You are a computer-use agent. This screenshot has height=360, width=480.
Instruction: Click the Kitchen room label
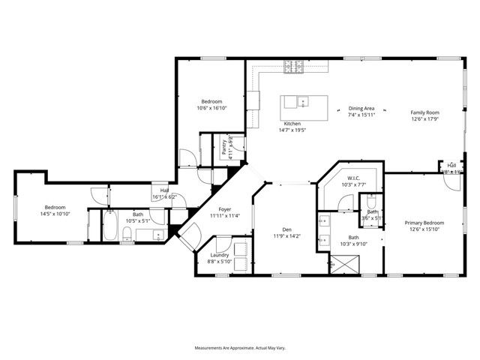pyautogui.click(x=292, y=123)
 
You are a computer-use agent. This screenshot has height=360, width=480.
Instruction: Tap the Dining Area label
pyautogui.click(x=361, y=109)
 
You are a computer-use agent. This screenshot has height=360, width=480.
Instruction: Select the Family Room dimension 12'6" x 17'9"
pyautogui.click(x=424, y=118)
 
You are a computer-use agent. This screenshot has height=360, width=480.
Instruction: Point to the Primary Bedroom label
pyautogui.click(x=424, y=223)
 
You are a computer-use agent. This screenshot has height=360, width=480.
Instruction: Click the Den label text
pyautogui.click(x=286, y=229)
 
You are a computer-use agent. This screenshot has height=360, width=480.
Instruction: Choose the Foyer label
pyautogui.click(x=224, y=209)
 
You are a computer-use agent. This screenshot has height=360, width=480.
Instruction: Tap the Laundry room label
pyautogui.click(x=218, y=254)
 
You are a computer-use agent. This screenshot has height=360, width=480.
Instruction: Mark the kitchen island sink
pyautogui.click(x=301, y=101)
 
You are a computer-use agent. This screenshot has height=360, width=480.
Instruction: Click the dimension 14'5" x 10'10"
pyautogui.click(x=55, y=214)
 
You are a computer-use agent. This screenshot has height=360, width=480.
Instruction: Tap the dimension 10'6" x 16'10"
pyautogui.click(x=212, y=108)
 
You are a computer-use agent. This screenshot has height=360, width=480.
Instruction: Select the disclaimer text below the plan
pyautogui.click(x=239, y=349)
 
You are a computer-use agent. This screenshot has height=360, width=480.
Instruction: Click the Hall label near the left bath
pyautogui.click(x=163, y=190)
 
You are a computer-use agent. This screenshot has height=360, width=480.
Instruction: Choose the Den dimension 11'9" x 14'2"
pyautogui.click(x=286, y=236)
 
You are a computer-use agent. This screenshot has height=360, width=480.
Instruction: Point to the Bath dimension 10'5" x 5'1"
pyautogui.click(x=138, y=220)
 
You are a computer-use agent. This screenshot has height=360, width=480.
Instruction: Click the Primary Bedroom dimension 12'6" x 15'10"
pyautogui.click(x=424, y=229)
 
